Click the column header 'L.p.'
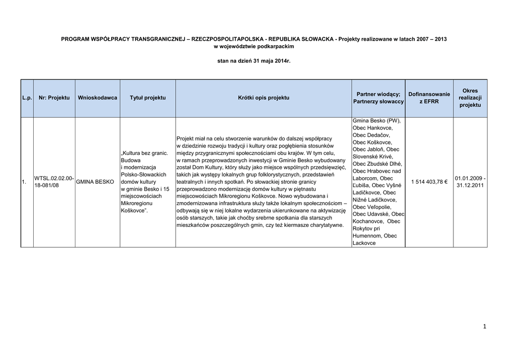tap(27, 98)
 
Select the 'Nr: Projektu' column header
tap(54, 98)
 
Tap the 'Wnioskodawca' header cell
tap(97, 98)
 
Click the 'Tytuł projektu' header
tap(148, 98)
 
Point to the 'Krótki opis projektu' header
tap(263, 98)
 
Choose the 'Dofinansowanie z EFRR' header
tap(429, 98)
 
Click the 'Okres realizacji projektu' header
tap(470, 98)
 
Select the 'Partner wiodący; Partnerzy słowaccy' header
tap(379, 98)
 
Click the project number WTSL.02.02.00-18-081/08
tap(54, 182)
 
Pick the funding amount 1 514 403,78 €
tap(429, 182)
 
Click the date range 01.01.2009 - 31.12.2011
tap(470, 182)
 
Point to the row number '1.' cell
tap(24, 182)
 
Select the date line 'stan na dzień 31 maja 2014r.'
tap(254, 62)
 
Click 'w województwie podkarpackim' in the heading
tap(254, 46)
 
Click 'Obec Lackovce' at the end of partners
tap(364, 243)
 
